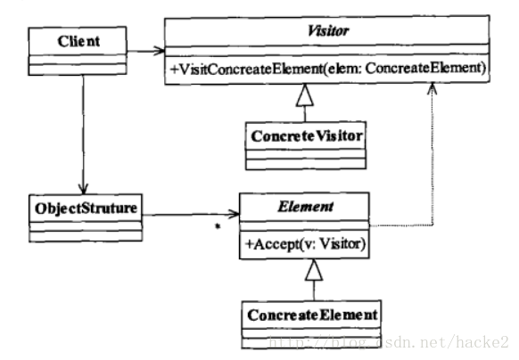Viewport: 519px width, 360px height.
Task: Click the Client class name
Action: [x=78, y=41]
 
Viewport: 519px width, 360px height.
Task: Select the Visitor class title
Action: [x=327, y=31]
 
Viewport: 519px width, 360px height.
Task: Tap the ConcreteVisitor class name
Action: [x=307, y=136]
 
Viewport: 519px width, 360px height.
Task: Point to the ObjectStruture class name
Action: [x=86, y=209]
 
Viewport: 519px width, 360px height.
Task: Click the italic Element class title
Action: [x=305, y=207]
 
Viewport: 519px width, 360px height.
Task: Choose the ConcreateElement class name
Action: [x=312, y=315]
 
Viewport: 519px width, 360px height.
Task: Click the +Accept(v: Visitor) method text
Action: [x=305, y=244]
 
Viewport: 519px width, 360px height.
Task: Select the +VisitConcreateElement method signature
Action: [x=327, y=69]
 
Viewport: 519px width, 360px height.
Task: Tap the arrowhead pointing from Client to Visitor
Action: [x=160, y=51]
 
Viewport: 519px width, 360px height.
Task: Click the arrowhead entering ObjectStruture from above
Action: [x=84, y=189]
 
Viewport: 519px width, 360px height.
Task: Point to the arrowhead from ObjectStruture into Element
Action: [x=234, y=215]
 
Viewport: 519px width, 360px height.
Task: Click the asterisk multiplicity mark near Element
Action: [x=218, y=226]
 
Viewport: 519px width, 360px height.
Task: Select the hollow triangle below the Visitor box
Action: [x=305, y=95]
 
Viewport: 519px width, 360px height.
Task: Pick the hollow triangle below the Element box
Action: [x=314, y=270]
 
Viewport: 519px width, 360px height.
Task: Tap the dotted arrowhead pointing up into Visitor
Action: [x=432, y=88]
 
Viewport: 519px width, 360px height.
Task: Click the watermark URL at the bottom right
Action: [x=389, y=342]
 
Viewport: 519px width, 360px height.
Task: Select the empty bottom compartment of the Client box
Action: [x=78, y=70]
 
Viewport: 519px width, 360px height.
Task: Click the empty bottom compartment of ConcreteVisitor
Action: [x=306, y=164]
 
